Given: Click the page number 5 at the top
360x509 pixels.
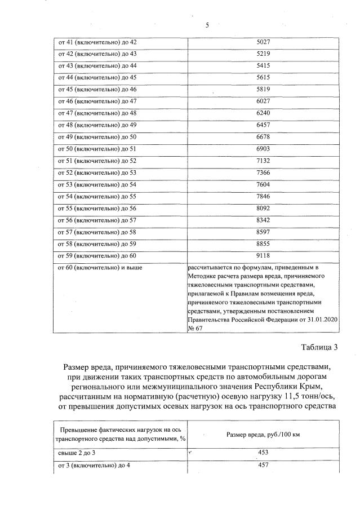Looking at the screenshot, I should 207,25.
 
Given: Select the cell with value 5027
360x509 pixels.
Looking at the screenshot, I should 263,42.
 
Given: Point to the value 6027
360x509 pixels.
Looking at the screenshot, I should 263,101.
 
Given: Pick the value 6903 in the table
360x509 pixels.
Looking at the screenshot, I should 263,149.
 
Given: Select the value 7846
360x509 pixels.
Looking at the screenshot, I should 263,196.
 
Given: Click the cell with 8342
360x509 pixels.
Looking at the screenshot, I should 263,220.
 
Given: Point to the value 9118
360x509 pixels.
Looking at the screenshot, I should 263,255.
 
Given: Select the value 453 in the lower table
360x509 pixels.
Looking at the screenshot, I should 263,453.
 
